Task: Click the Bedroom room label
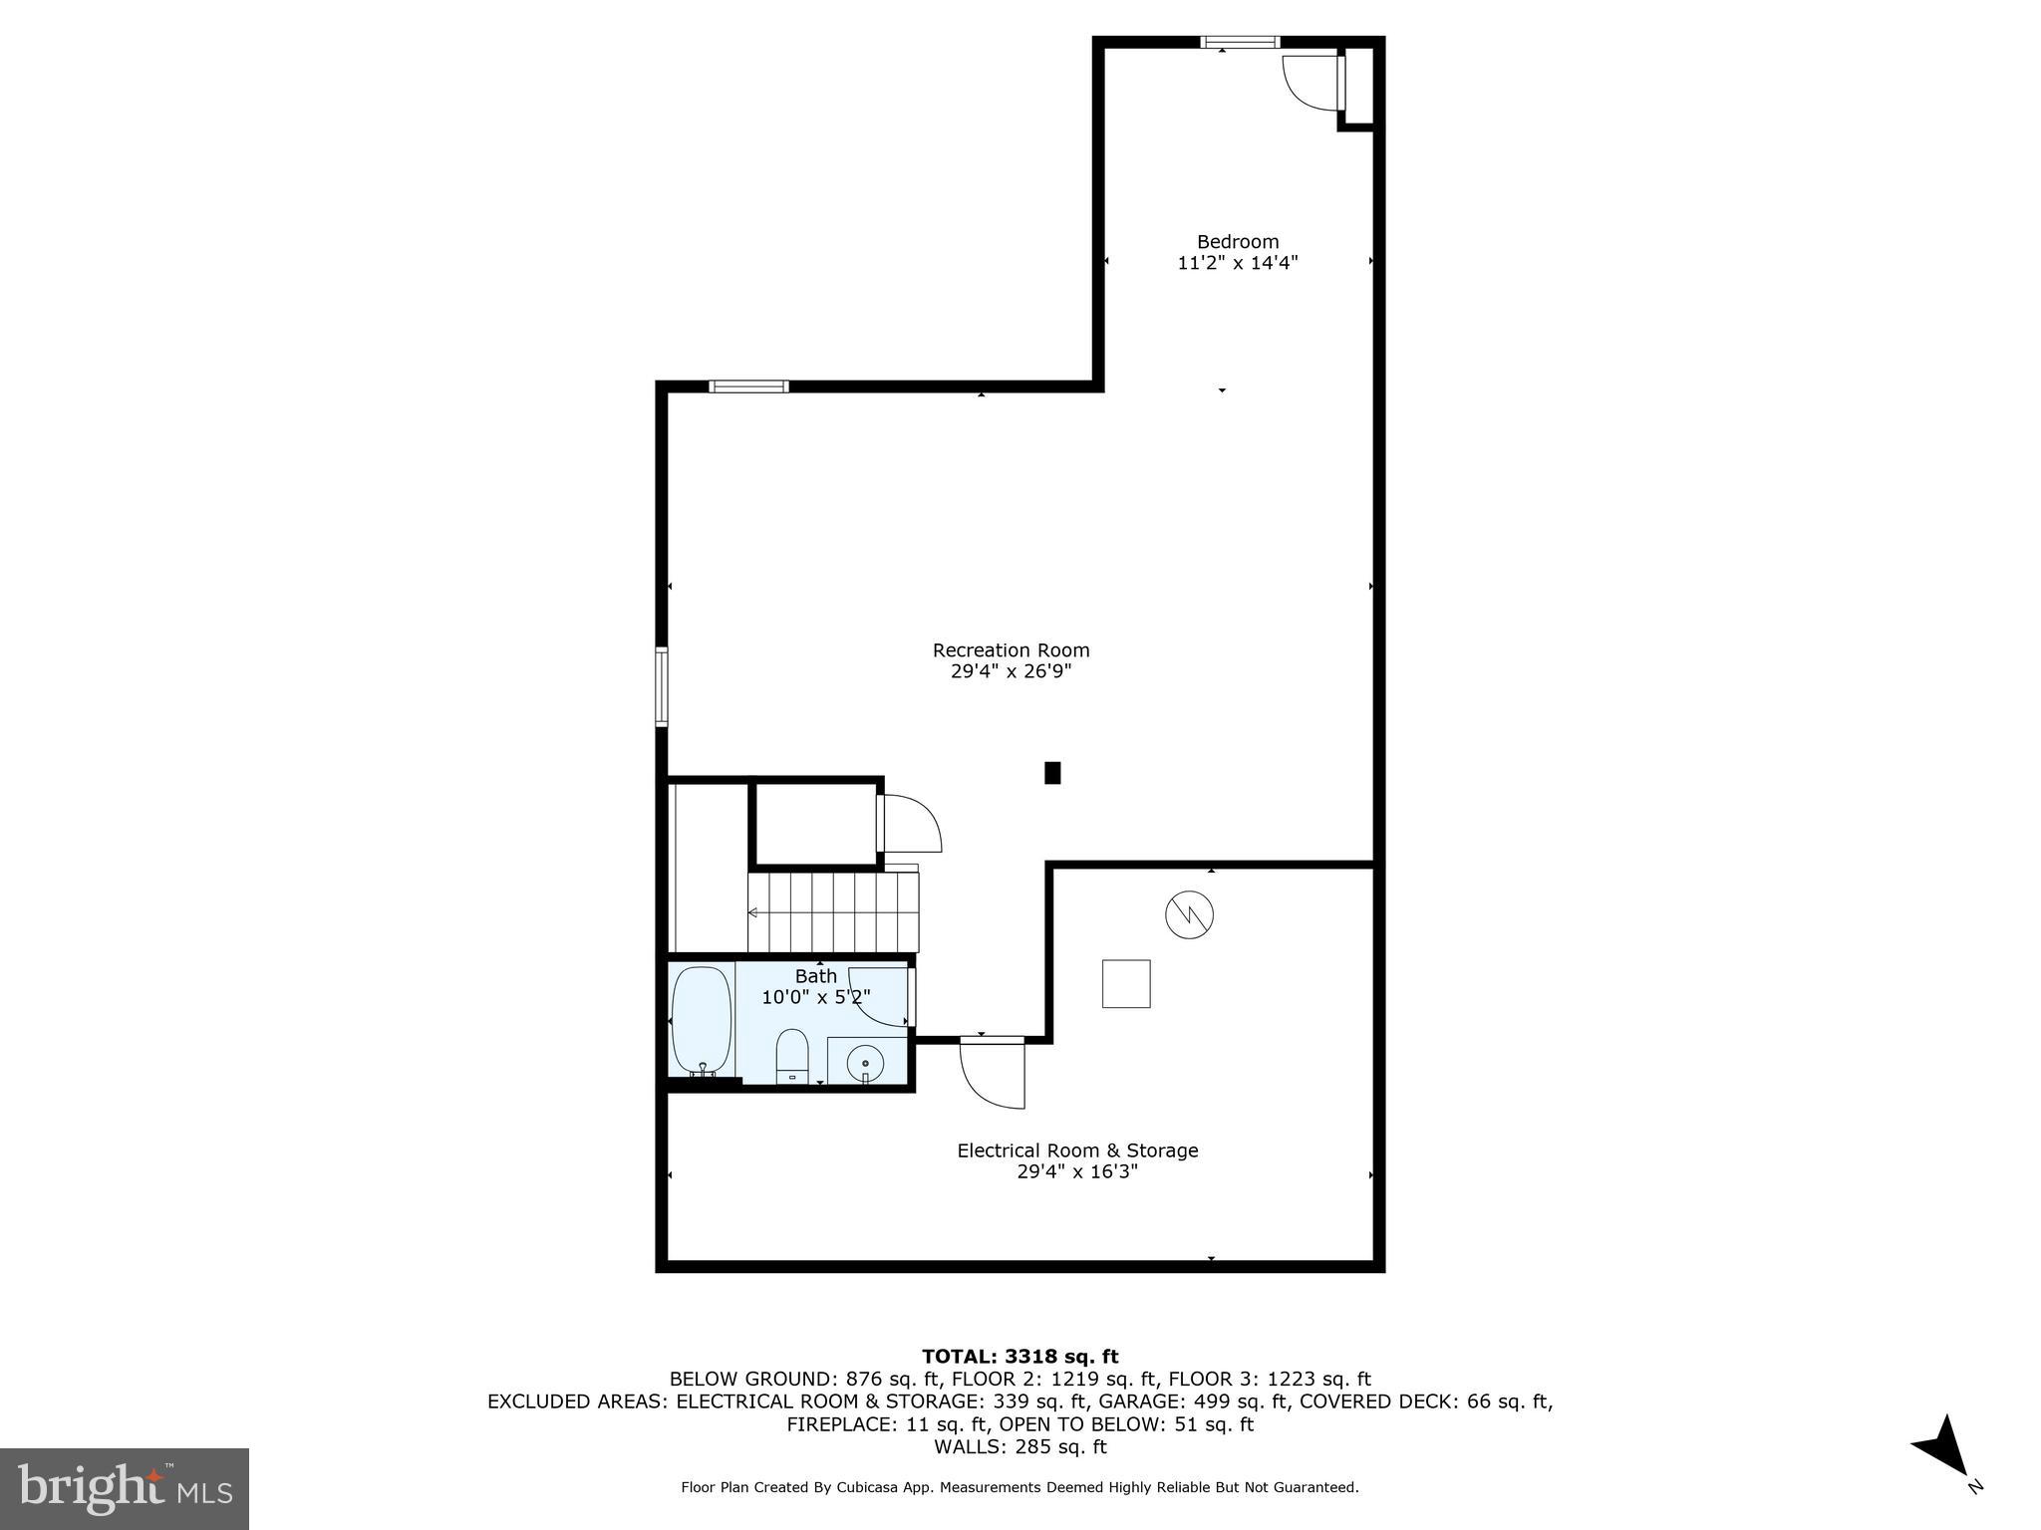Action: click(1237, 242)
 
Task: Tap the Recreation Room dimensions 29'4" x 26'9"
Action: click(1011, 672)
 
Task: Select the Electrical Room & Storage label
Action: click(1076, 1150)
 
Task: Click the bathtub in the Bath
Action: click(702, 1021)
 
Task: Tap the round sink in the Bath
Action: click(865, 1062)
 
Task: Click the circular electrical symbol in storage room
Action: click(1189, 914)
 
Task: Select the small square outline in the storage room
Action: click(1126, 984)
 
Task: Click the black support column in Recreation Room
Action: click(1052, 773)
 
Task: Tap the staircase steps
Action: click(834, 912)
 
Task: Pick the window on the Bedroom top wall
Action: click(1240, 42)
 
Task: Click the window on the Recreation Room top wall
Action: click(748, 386)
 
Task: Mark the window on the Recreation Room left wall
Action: click(661, 686)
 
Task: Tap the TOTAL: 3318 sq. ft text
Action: click(1020, 1357)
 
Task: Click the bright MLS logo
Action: click(125, 1489)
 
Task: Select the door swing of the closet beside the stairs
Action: click(911, 823)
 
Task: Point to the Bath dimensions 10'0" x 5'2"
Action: click(816, 997)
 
